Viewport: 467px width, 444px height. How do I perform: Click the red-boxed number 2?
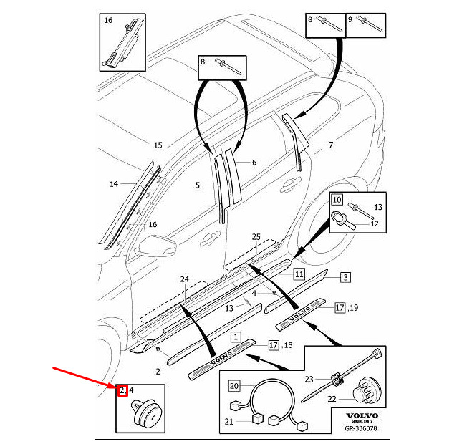tap(122, 390)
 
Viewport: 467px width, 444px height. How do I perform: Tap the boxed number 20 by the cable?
tap(233, 386)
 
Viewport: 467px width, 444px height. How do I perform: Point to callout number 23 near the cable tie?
tap(309, 380)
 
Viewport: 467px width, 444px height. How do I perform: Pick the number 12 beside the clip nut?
tap(374, 223)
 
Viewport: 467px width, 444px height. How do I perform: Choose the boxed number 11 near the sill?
tap(299, 274)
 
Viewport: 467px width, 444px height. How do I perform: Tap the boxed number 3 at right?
tap(345, 276)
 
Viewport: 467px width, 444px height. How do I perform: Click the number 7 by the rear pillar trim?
tap(330, 145)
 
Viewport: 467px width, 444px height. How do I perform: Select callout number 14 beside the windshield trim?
tap(113, 184)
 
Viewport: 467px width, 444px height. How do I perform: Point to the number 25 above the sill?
tap(256, 236)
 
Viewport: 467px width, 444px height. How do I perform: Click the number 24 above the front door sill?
tap(184, 279)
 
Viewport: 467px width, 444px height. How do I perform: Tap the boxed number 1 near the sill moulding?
tap(235, 336)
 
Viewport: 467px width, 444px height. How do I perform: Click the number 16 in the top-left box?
tap(108, 20)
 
